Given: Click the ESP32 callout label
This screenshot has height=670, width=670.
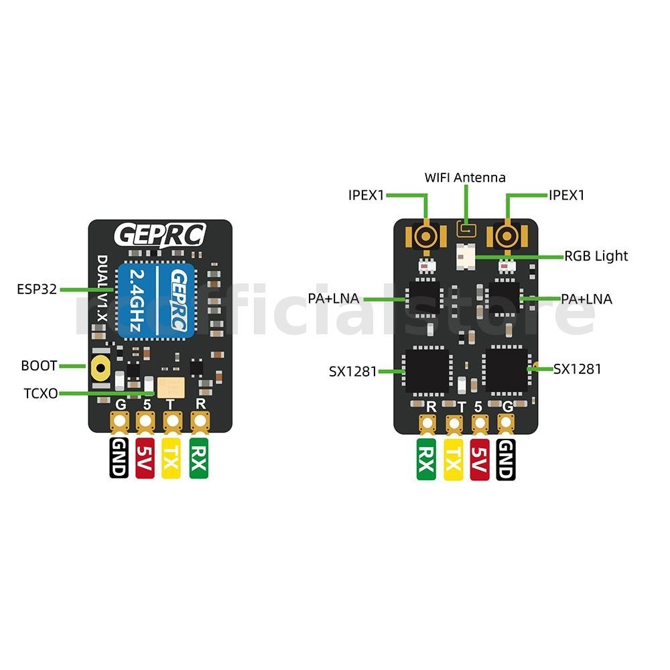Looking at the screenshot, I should point(37,289).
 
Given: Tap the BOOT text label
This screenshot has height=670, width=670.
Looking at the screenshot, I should point(39,366).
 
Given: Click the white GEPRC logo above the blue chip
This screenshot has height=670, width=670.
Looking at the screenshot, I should point(160,235).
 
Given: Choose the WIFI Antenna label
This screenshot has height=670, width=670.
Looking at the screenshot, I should point(465,178).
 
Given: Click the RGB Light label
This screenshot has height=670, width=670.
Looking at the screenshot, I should point(596,256).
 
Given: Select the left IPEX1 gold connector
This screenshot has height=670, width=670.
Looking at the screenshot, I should point(425,236).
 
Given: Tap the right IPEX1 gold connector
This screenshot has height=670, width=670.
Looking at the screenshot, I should point(509,236).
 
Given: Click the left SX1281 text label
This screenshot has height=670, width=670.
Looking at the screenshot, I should point(352,370).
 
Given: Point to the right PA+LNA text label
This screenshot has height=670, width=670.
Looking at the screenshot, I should point(586,299).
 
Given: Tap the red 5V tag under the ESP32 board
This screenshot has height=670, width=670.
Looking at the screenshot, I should point(145,459).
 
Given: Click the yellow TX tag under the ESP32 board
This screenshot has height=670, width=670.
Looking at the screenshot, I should point(171,459).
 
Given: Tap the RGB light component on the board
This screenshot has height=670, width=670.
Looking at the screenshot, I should point(465,255).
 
